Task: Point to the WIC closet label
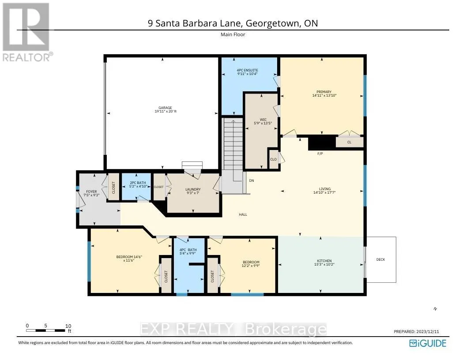263,119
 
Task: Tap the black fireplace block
322,142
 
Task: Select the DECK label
380,259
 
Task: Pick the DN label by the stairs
252,180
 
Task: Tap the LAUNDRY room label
193,190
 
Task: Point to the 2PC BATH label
135,183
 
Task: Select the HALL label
243,214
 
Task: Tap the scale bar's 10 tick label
68,326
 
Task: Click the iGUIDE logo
428,343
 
